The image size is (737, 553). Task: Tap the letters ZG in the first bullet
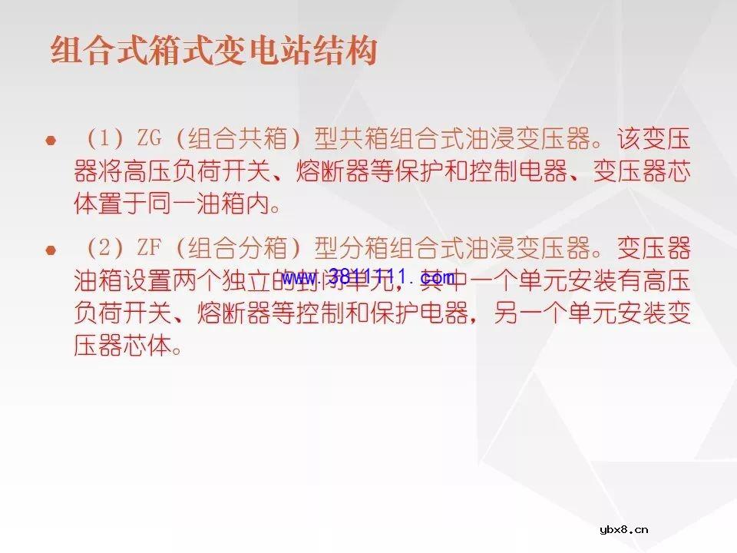tap(150, 140)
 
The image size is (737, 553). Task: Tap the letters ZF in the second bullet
tap(150, 249)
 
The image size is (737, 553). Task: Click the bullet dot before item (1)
tap(51, 141)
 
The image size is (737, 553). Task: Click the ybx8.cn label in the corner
tap(624, 529)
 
